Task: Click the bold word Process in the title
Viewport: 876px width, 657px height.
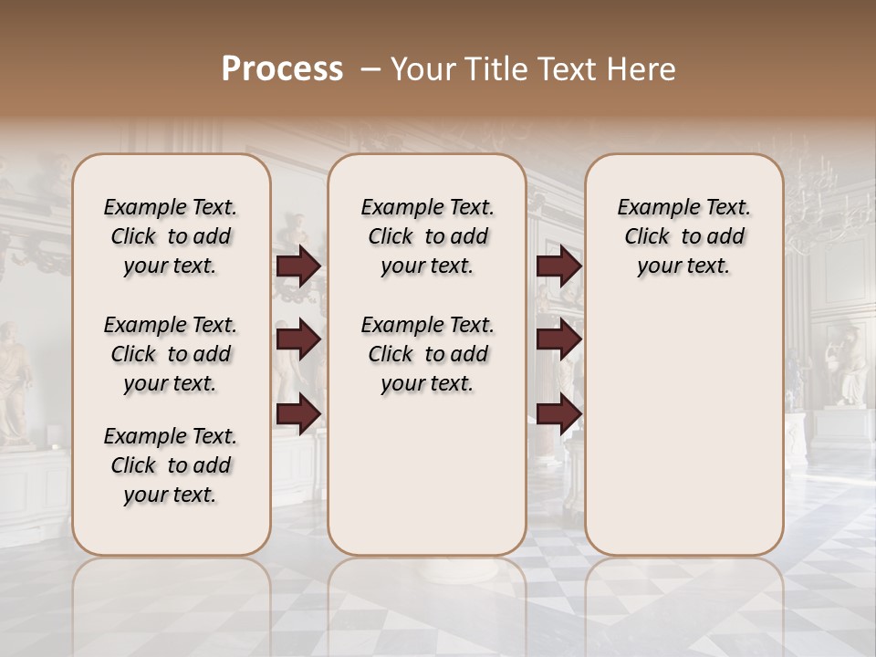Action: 282,69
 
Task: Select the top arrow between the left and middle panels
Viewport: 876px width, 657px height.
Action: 298,266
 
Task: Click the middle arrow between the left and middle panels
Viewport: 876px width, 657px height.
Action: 298,339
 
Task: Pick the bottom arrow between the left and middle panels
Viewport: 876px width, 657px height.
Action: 298,414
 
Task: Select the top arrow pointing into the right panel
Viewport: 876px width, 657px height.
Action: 558,266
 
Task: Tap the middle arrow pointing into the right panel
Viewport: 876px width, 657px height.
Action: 558,339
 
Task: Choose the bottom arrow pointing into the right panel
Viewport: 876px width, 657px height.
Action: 558,414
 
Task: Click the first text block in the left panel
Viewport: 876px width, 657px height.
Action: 171,236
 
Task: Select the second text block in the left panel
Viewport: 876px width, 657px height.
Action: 171,354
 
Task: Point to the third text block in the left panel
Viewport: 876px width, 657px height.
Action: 171,465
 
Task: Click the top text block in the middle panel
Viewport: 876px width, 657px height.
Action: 427,236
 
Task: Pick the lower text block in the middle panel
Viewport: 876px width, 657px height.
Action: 427,354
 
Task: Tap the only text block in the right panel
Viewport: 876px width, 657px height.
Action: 683,236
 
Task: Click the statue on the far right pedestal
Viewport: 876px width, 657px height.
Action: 847,365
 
